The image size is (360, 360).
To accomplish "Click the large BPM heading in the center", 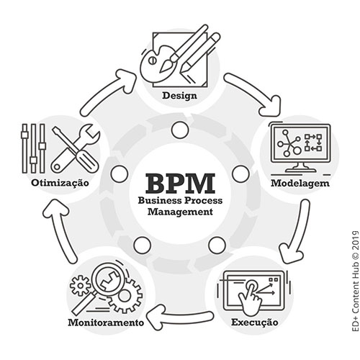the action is tap(180, 184).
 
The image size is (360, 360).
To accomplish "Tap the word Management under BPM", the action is tap(180, 212).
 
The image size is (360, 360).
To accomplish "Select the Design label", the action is tap(179, 96).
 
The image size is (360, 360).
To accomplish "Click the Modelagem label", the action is tap(300, 184).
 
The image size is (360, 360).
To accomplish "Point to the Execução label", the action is tap(255, 323).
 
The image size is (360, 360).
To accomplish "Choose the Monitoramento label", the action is tap(106, 323).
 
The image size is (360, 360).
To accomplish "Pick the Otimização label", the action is tap(60, 183).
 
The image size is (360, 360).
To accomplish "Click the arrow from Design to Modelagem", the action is tap(255, 91).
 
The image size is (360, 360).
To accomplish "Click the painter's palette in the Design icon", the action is tap(157, 65).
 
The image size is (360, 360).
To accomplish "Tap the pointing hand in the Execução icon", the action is tap(251, 298).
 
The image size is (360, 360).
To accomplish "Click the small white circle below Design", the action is tap(180, 130).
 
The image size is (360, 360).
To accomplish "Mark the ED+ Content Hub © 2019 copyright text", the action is tap(355, 282).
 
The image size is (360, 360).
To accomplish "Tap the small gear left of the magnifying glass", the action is tap(80, 286).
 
